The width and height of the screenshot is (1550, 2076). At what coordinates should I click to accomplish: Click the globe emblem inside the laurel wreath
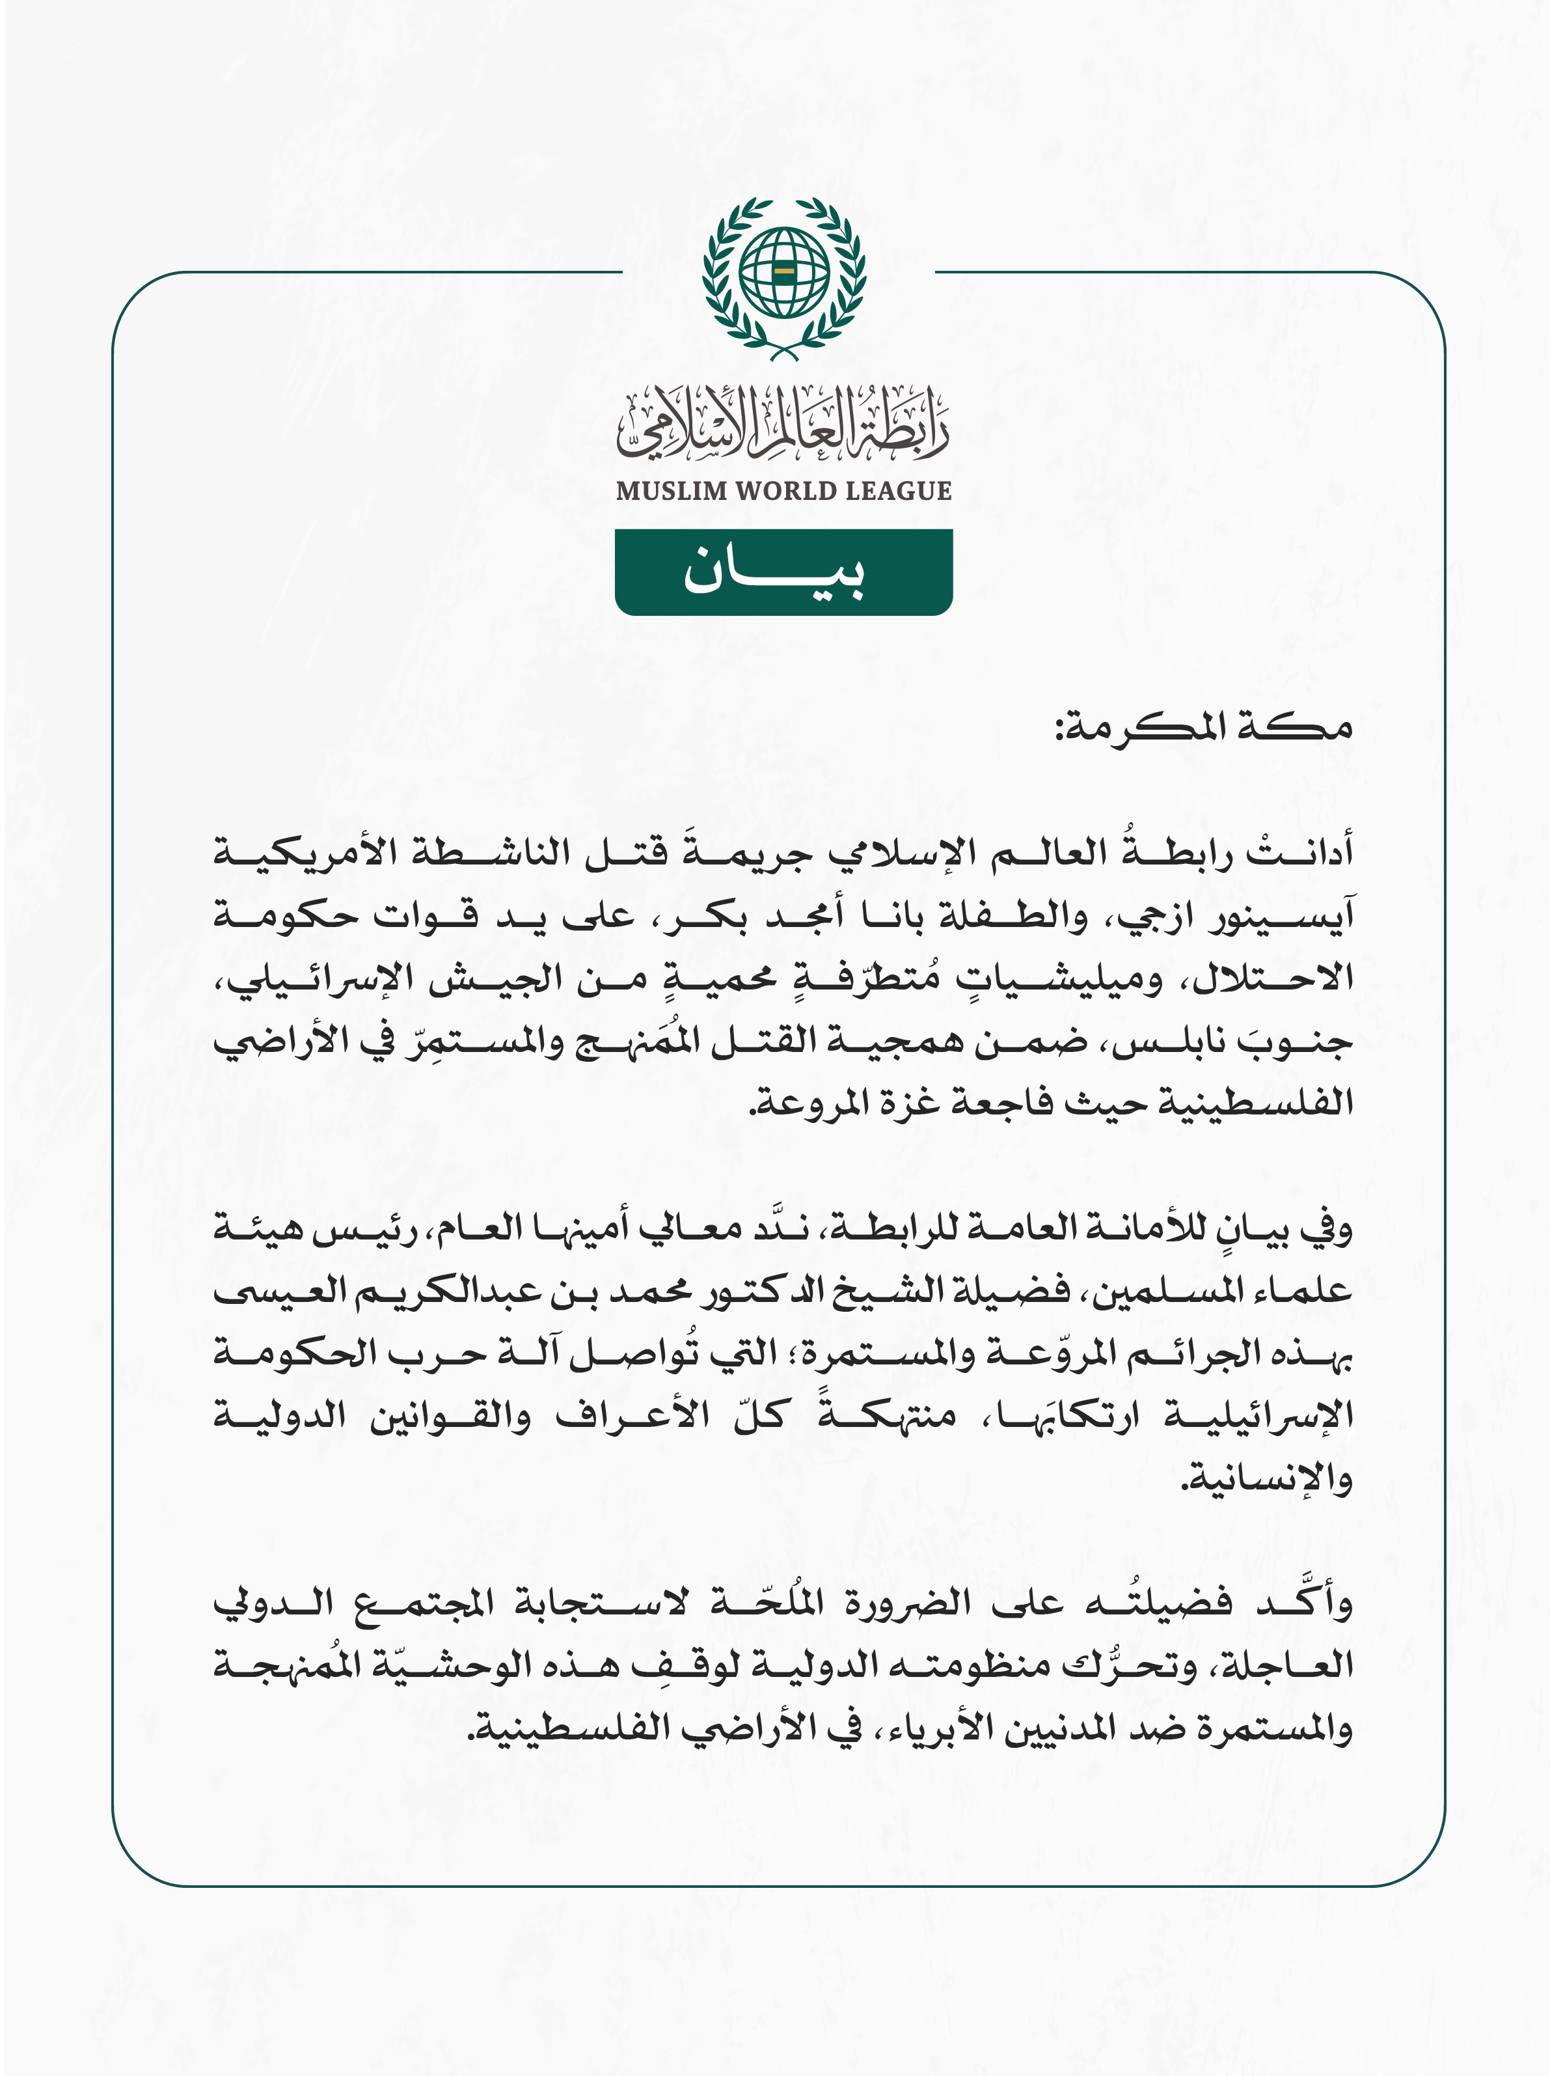point(783,272)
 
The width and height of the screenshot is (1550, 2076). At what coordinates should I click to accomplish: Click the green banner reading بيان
point(783,572)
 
